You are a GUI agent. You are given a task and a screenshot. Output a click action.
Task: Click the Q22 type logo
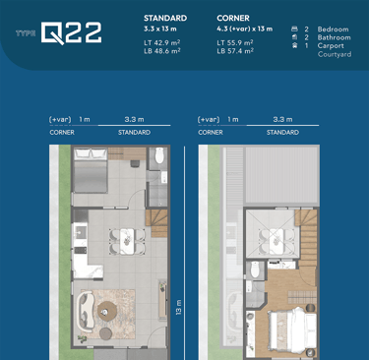click(71, 32)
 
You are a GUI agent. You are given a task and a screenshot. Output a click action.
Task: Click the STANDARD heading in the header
click(165, 18)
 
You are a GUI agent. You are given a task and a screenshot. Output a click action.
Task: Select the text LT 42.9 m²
click(162, 43)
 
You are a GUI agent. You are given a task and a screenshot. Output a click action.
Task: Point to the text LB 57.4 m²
click(235, 51)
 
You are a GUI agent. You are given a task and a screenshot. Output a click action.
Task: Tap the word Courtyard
click(335, 54)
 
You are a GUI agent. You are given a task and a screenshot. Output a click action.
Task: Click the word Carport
click(331, 46)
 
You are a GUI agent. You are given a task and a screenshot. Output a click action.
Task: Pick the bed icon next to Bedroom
click(294, 29)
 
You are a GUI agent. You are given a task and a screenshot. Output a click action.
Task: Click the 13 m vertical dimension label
click(179, 307)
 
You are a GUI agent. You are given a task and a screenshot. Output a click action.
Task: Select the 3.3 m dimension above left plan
click(134, 119)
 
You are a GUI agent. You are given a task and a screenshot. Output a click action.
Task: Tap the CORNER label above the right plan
click(211, 133)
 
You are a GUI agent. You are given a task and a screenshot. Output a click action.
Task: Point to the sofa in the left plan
click(86, 310)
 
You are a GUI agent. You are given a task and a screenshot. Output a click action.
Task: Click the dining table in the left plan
click(127, 241)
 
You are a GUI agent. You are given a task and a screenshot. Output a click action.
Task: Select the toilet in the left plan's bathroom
click(159, 156)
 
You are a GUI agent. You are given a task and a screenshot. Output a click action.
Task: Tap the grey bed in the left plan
click(91, 171)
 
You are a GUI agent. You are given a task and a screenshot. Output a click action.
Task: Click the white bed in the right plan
click(292, 332)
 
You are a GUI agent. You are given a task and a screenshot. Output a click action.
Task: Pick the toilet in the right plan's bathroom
click(255, 270)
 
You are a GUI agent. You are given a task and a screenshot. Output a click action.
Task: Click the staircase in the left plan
click(156, 223)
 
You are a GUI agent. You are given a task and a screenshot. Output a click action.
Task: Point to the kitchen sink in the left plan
click(80, 232)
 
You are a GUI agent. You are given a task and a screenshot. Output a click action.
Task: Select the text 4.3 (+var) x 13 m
click(245, 29)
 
